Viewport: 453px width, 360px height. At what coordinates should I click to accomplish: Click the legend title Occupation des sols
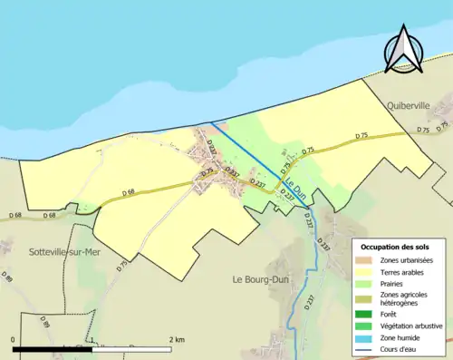(397, 247)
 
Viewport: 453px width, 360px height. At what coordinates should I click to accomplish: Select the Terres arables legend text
(401, 272)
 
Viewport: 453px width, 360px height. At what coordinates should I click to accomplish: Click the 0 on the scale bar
(13, 339)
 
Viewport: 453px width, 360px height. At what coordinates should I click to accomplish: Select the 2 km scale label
(177, 339)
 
